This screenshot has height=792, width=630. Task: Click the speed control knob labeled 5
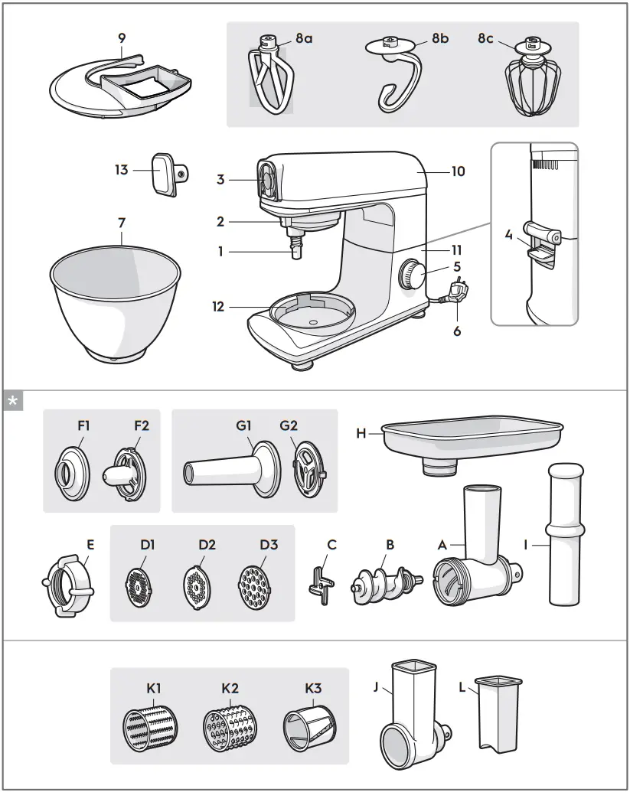tap(414, 274)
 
